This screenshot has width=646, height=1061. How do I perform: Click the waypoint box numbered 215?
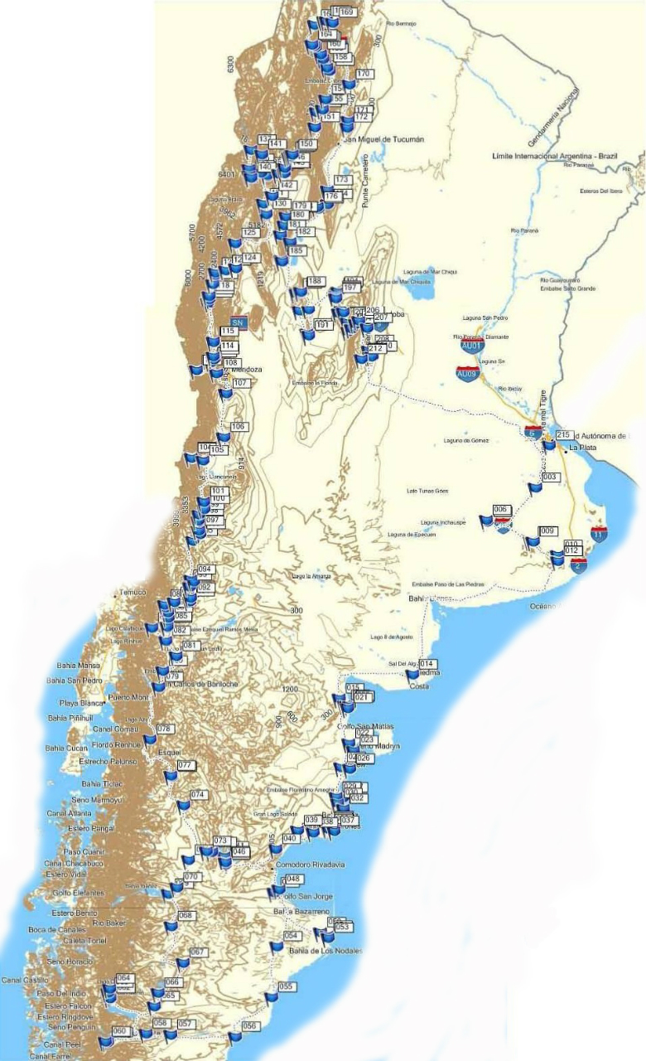click(564, 435)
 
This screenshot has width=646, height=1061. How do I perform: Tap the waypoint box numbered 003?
click(550, 477)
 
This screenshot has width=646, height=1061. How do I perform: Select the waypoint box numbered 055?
click(287, 986)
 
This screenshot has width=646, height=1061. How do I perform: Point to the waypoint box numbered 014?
click(427, 664)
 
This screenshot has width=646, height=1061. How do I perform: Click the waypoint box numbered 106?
click(239, 426)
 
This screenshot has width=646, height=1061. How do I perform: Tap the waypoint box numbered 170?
click(363, 74)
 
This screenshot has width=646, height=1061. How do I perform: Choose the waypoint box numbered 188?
click(315, 281)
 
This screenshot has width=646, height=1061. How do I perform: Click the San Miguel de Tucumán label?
click(383, 139)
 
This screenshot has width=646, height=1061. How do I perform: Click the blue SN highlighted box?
click(238, 322)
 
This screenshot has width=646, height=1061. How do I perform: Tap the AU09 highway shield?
click(467, 373)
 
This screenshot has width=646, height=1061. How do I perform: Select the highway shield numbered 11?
click(599, 535)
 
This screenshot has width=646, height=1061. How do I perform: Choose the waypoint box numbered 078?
click(165, 729)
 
